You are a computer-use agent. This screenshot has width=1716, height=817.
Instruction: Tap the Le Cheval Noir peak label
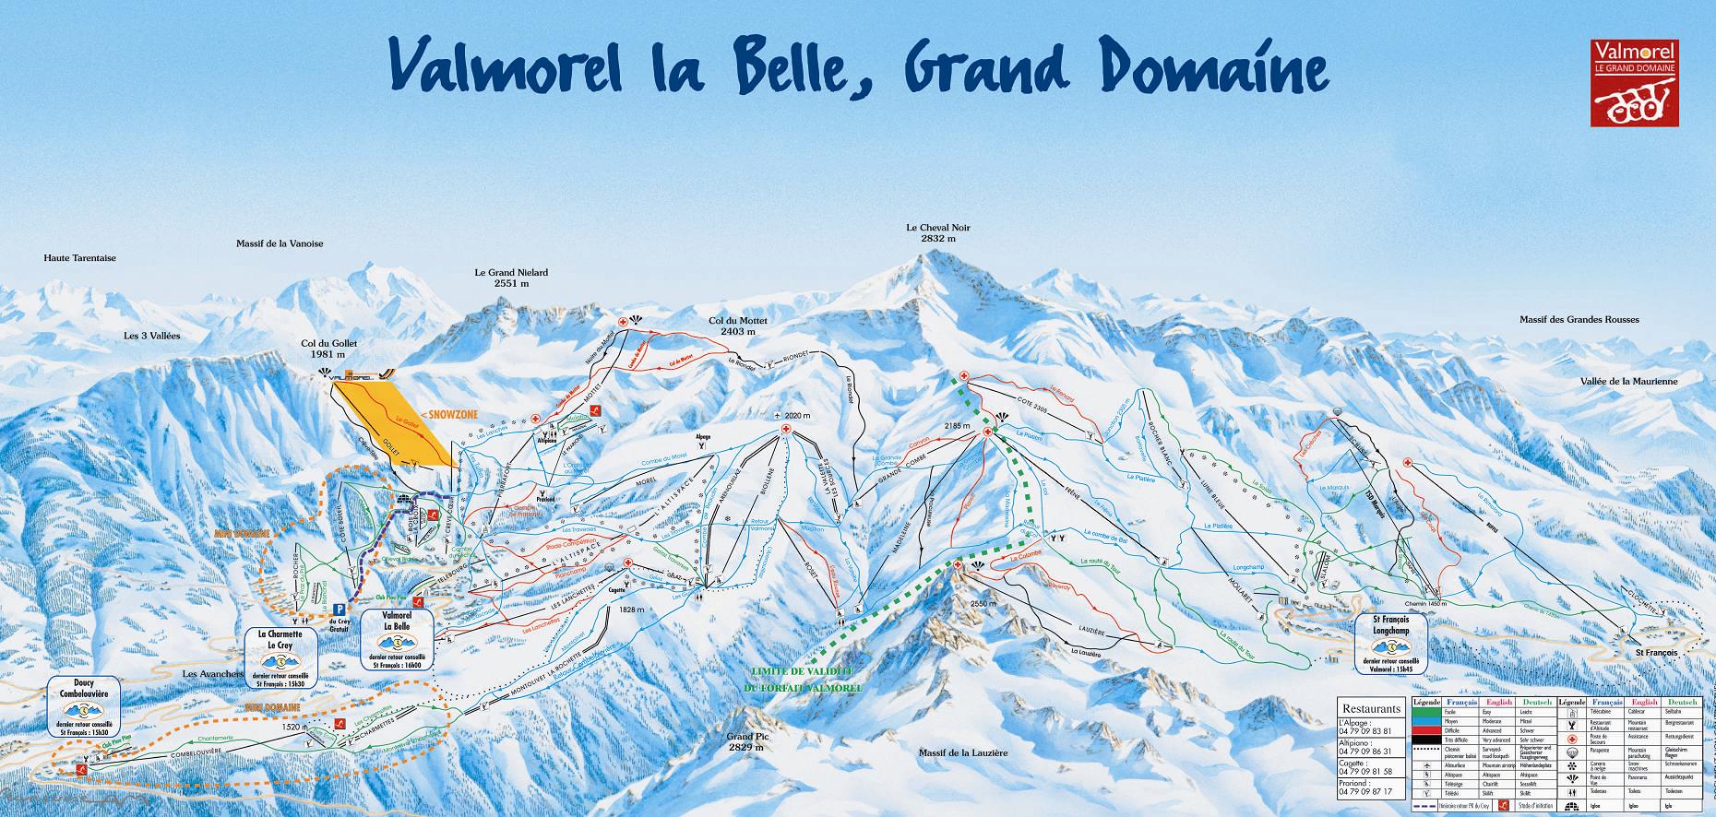pos(938,232)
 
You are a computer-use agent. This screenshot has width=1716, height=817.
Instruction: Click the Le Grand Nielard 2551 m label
pos(511,278)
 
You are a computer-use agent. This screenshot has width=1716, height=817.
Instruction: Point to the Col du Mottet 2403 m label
pos(732,326)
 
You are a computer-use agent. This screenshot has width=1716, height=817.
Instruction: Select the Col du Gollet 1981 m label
pos(328,348)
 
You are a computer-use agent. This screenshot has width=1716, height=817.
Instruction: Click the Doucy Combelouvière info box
pos(89,709)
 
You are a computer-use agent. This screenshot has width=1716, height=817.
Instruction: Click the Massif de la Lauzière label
pos(962,752)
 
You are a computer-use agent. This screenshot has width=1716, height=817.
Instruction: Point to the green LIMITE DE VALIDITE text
pos(802,679)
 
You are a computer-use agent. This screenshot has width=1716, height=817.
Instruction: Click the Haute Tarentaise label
pos(80,258)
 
